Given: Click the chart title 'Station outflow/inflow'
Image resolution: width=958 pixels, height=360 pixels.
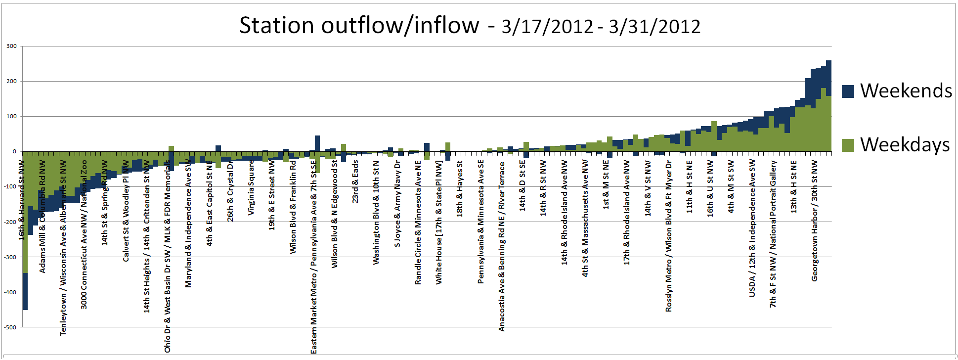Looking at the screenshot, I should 359,25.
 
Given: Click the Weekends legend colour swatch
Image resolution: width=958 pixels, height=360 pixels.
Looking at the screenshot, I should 848,91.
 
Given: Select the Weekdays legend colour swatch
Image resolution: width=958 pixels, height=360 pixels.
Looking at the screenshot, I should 848,145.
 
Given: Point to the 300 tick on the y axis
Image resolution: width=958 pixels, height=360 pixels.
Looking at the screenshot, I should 11,46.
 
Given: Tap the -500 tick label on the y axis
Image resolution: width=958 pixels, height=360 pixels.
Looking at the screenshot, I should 10,327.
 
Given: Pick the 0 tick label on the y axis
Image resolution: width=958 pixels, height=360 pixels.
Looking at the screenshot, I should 14,152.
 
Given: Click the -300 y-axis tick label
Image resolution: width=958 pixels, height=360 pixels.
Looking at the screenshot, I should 10,257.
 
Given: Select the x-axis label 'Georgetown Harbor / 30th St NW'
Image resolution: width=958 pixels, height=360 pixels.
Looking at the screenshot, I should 815,221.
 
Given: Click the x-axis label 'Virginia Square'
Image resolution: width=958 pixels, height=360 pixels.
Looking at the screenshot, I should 251,187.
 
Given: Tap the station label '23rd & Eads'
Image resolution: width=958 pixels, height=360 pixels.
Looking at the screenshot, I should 355,181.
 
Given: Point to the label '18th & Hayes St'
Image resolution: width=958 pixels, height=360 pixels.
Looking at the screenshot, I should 460,188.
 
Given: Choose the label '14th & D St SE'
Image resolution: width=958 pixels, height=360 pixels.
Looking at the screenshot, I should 523,185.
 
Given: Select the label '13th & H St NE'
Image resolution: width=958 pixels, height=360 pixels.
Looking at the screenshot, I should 794,186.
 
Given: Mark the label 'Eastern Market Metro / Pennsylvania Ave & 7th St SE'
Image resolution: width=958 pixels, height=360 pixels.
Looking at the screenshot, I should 313,256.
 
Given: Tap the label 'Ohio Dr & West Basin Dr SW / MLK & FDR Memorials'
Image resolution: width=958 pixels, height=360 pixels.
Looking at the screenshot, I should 168,256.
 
